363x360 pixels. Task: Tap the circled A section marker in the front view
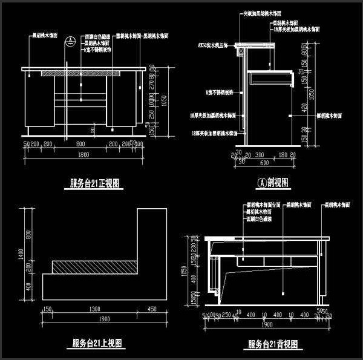(70, 41)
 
